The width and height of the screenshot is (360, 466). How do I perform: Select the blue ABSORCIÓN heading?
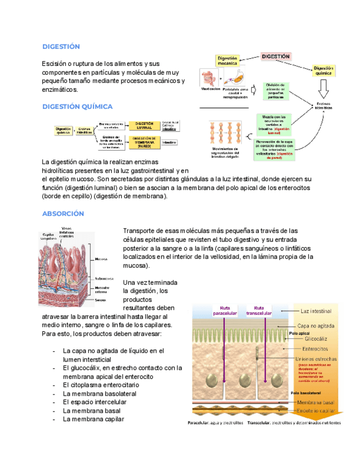(63, 213)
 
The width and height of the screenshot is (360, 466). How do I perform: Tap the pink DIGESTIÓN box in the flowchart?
(275, 57)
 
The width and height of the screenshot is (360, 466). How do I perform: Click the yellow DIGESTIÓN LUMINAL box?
(145, 126)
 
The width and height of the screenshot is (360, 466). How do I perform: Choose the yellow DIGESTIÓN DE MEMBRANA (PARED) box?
(145, 143)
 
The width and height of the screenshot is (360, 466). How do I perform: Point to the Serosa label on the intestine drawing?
(100, 300)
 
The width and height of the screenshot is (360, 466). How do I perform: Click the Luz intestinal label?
(317, 311)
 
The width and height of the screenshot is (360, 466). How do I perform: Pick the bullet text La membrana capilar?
(93, 419)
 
